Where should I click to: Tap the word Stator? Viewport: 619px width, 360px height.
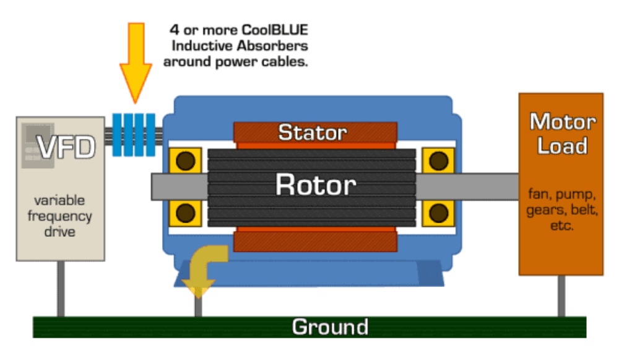[x=313, y=132]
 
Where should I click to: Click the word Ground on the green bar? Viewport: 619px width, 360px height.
[x=330, y=326]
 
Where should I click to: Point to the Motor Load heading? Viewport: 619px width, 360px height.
[x=562, y=134]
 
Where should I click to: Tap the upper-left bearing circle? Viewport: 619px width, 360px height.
[x=184, y=161]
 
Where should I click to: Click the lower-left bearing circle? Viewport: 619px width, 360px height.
[x=184, y=213]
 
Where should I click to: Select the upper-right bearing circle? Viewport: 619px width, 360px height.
[x=439, y=161]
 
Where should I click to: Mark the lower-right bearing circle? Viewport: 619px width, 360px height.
[x=439, y=213]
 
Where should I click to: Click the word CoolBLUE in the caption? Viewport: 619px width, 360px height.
[x=275, y=29]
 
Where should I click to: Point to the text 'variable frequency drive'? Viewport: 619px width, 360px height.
[x=63, y=216]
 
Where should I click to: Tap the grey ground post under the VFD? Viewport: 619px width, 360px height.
[x=61, y=288]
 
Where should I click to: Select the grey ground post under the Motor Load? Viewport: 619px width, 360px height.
[x=562, y=296]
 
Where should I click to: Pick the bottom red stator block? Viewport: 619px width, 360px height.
[x=315, y=239]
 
